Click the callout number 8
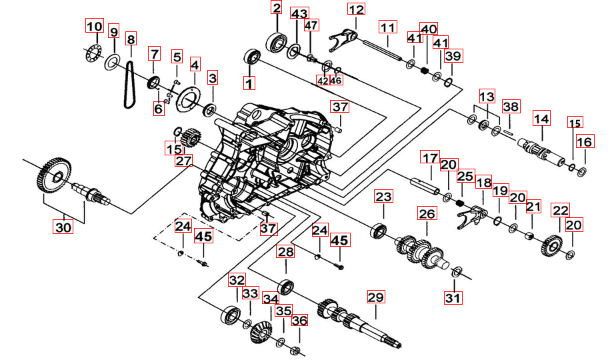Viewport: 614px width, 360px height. pos(131,39)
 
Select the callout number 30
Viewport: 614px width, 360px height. pos(63,227)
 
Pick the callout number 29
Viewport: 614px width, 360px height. pos(376,297)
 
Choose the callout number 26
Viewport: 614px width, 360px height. pos(426,214)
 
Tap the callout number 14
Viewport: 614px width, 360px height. pos(541,119)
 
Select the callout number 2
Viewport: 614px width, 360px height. pos(276,8)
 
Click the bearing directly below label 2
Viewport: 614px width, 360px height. pos(276,41)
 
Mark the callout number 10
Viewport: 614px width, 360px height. pos(94,27)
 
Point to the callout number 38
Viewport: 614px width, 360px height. pos(511,107)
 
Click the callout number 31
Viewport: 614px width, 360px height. pos(453,298)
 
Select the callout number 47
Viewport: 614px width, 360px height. pos(311,25)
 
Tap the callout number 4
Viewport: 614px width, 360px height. pos(195,65)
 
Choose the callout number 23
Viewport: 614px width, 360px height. pos(383,197)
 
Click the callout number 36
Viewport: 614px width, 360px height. pos(300,321)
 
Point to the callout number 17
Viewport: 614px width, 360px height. pos(430,158)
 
